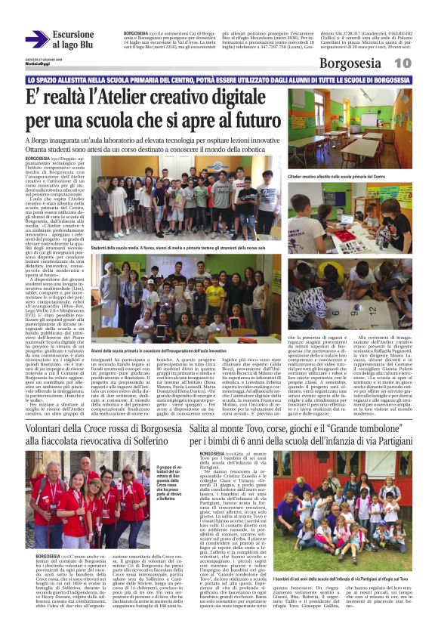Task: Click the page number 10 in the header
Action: (422, 63)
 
